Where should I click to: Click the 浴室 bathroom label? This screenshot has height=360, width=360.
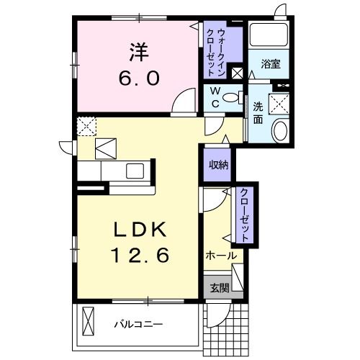[271, 64]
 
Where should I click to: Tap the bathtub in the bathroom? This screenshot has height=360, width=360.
[269, 36]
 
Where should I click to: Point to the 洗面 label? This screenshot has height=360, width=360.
[257, 113]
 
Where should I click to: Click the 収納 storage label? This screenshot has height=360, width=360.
[218, 164]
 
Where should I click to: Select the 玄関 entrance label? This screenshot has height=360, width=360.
[219, 288]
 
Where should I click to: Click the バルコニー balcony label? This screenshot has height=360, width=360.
[138, 323]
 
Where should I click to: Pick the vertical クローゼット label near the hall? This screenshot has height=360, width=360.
[244, 214]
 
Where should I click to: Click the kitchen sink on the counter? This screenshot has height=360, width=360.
[135, 172]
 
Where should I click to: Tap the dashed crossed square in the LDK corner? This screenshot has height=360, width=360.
[87, 125]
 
